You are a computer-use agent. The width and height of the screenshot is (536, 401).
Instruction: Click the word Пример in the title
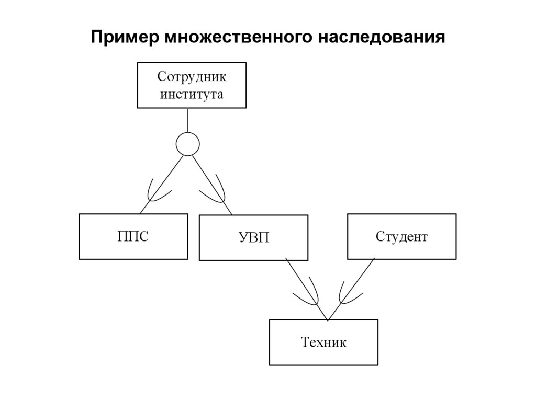tap(126, 38)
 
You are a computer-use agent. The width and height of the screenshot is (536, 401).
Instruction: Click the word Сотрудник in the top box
tap(192, 77)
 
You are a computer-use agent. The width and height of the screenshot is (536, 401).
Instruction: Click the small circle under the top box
tap(187, 144)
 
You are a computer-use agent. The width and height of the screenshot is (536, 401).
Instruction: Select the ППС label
tap(132, 237)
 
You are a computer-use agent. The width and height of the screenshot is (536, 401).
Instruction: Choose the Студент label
tap(401, 237)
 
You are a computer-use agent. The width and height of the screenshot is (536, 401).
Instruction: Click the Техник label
tap(323, 342)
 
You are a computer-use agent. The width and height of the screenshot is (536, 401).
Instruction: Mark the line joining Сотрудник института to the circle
tap(187, 120)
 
